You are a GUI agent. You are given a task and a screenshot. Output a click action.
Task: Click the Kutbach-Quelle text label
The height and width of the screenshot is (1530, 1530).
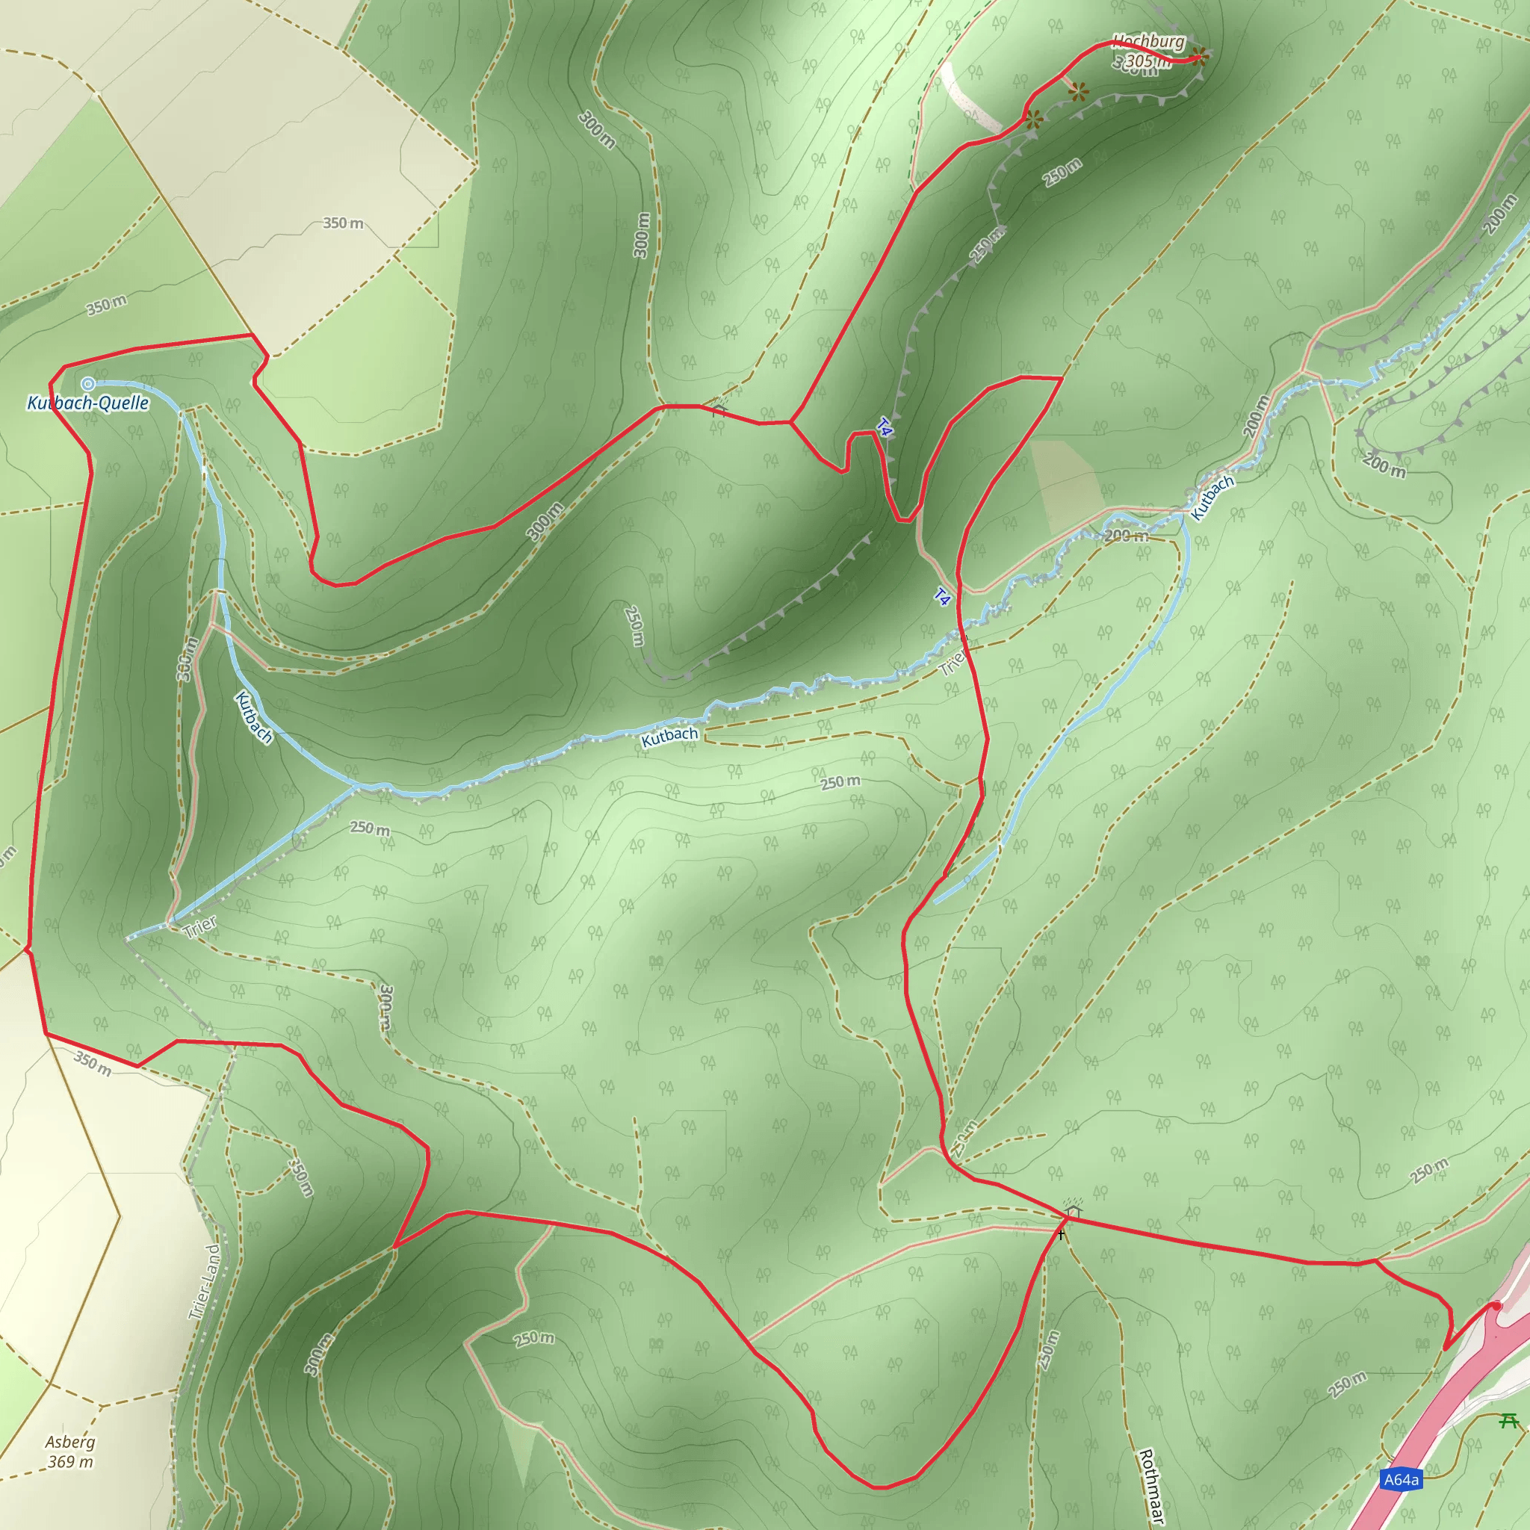click(88, 403)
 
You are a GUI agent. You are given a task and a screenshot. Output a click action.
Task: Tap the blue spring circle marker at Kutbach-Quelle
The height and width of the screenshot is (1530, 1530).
click(88, 384)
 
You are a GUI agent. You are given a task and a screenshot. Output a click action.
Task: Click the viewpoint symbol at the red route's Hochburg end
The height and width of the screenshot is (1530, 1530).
click(1200, 55)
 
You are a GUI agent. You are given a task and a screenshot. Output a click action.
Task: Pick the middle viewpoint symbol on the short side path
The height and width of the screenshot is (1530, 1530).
click(1078, 93)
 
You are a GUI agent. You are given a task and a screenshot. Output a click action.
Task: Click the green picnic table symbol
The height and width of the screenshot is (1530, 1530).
click(1508, 1420)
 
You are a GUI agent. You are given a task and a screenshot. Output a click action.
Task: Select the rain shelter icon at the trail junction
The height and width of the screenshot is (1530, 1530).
click(1073, 1212)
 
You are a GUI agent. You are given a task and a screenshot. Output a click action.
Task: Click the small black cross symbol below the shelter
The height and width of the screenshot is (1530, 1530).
click(1060, 1234)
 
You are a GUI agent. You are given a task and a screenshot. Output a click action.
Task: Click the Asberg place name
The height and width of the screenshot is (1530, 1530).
click(70, 1442)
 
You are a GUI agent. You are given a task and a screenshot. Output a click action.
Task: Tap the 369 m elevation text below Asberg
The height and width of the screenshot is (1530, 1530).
click(70, 1462)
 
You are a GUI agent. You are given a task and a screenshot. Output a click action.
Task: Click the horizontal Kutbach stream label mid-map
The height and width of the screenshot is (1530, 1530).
click(669, 737)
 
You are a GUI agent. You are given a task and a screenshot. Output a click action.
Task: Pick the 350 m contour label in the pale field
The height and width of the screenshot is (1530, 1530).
click(343, 223)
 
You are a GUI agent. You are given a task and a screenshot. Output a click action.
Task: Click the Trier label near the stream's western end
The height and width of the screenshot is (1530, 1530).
click(199, 926)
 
